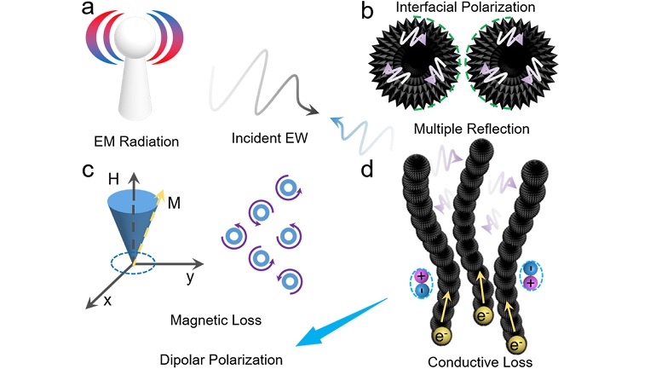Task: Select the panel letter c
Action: [87, 170]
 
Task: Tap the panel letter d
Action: [367, 168]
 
